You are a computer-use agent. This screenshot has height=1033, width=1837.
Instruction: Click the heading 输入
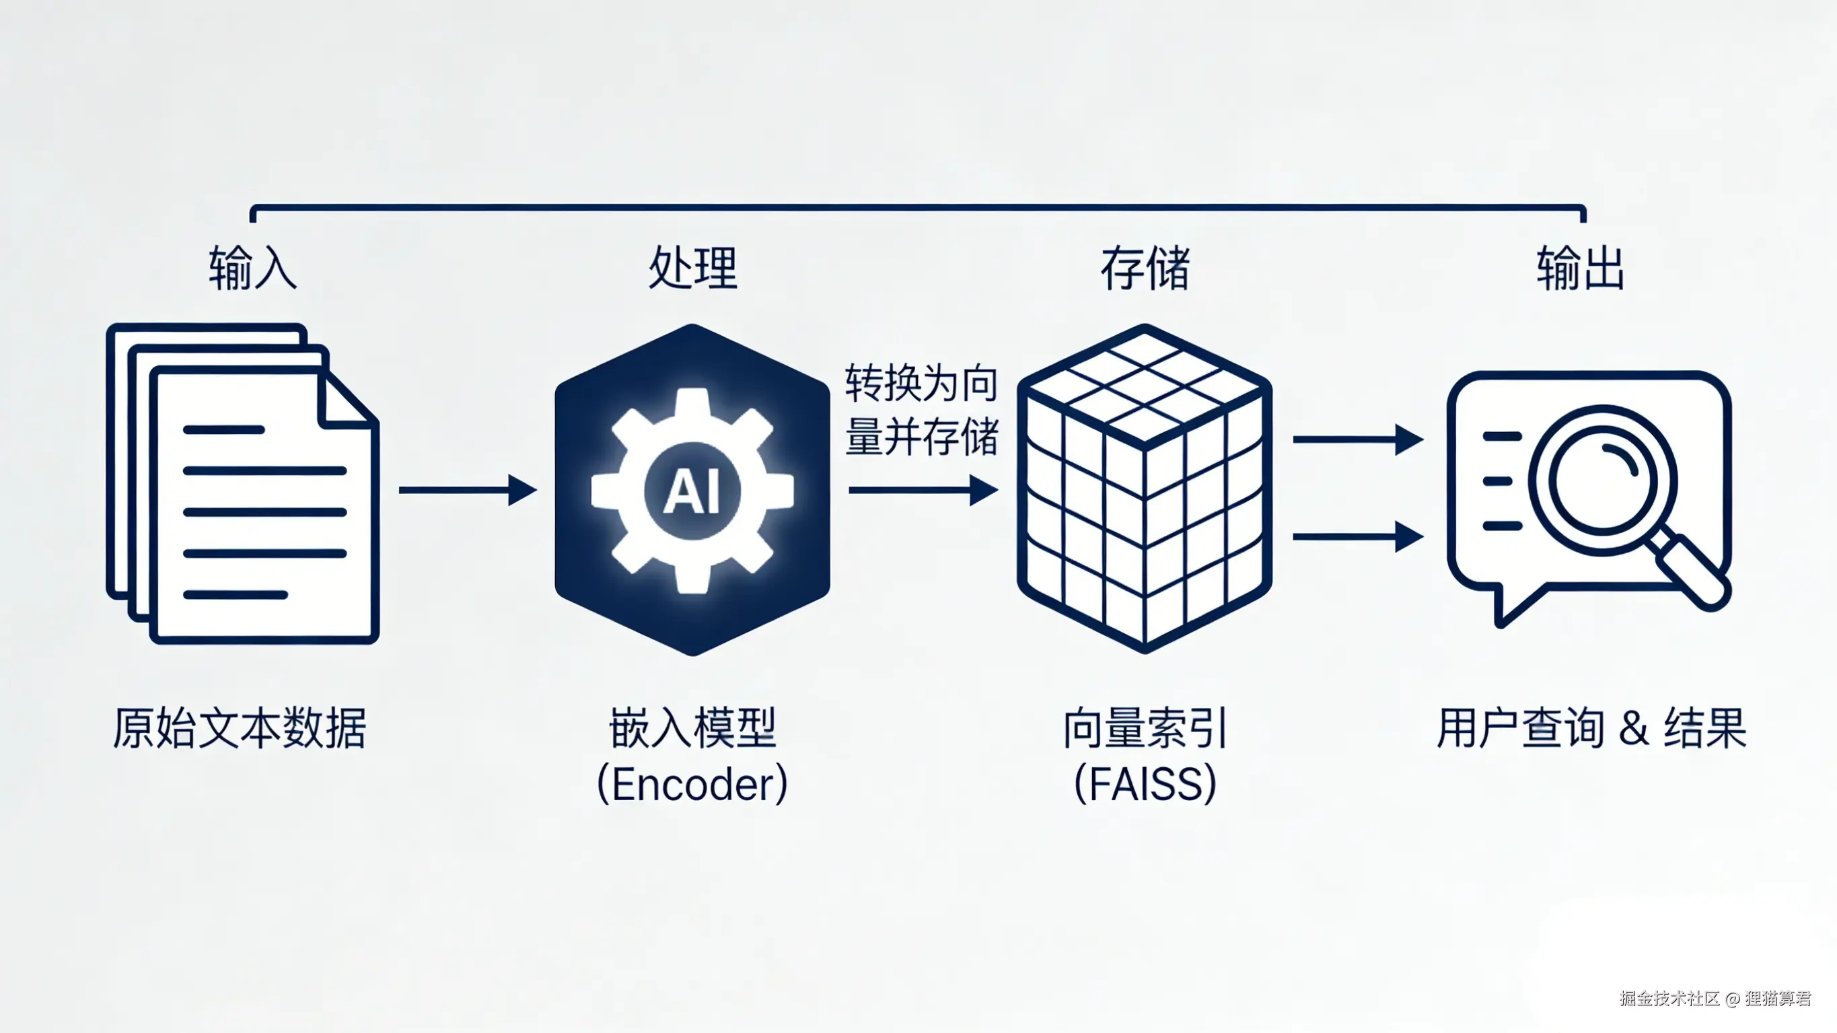(252, 268)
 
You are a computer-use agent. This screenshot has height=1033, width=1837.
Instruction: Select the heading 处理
(692, 268)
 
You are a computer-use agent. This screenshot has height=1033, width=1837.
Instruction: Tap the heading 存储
(1145, 268)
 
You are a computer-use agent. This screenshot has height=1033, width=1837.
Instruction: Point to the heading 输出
(1580, 268)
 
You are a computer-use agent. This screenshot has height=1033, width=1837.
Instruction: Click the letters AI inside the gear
(692, 491)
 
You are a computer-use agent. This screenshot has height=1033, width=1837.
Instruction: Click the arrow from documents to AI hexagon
(467, 490)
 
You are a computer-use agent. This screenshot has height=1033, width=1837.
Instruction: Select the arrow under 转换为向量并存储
(923, 490)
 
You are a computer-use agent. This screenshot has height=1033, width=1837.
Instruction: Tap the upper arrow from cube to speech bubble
(1357, 439)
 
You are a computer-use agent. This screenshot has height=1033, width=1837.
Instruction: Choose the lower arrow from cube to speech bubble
(1357, 536)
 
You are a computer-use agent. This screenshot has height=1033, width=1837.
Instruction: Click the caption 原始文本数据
(240, 728)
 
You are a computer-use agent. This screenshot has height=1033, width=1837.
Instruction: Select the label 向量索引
(1145, 728)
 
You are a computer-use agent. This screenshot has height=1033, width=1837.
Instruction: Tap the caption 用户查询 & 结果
(1591, 728)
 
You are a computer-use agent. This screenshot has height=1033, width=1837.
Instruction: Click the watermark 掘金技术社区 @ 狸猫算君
(1715, 998)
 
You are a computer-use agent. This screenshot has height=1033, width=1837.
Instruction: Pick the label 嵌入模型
(692, 728)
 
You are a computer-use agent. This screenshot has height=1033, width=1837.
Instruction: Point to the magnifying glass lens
(1602, 479)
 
